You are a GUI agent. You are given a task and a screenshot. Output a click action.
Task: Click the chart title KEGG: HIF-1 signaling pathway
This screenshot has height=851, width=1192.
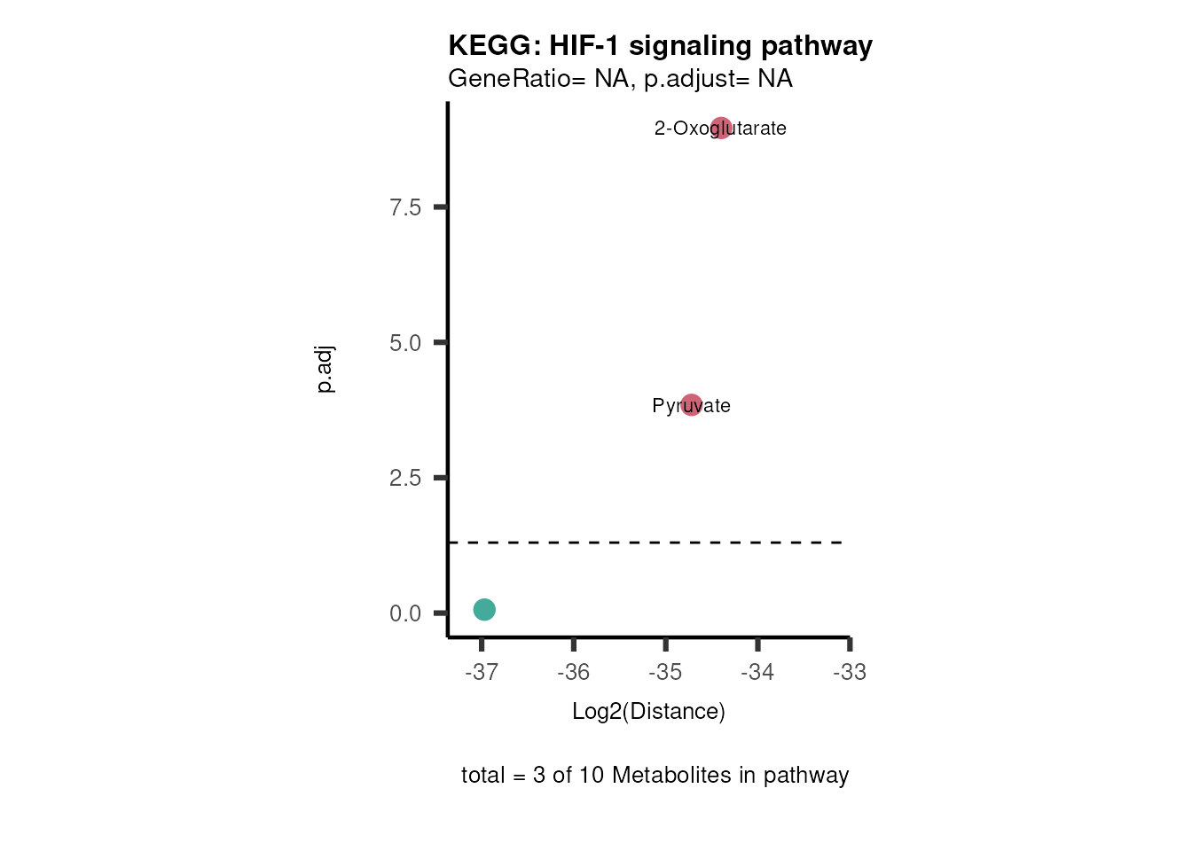660,45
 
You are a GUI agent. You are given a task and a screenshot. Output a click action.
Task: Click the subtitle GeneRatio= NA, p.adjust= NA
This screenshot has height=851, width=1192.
620,79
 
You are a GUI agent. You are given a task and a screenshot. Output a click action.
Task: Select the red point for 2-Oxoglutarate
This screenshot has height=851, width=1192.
721,128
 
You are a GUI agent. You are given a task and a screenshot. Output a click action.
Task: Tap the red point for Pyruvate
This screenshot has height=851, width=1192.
692,405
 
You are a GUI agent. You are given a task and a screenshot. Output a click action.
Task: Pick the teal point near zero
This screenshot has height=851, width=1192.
484,609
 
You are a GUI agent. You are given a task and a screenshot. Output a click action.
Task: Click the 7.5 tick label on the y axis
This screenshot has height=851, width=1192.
405,207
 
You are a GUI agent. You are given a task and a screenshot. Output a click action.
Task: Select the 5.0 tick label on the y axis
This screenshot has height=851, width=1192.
405,343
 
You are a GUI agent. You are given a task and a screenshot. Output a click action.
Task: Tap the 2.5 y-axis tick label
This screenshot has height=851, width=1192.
405,479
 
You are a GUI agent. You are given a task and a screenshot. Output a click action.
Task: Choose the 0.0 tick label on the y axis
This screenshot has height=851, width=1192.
405,613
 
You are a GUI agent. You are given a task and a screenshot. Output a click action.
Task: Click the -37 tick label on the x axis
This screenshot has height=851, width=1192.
482,672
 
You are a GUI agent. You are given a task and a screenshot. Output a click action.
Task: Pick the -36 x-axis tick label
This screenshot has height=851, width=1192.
574,672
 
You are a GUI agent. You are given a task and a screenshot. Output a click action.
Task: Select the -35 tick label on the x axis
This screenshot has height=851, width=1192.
665,672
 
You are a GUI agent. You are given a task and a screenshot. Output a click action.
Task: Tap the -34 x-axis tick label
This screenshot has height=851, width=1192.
757,672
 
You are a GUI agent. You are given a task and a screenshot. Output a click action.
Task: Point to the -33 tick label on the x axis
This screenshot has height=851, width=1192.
850,672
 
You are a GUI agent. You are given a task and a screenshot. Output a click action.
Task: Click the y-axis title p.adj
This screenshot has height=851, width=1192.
325,369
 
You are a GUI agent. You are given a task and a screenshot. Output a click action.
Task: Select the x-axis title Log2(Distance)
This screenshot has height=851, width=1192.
648,711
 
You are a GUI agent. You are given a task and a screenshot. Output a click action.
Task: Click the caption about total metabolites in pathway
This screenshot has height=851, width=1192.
655,775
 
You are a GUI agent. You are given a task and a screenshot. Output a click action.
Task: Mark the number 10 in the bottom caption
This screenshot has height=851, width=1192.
591,775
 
